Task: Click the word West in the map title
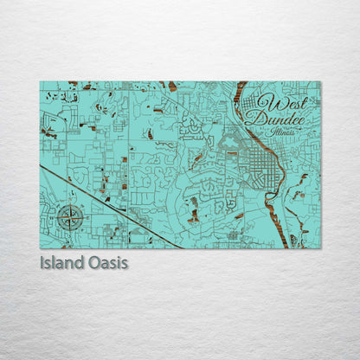point(277,102)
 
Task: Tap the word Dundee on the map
point(274,119)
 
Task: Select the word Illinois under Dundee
point(282,132)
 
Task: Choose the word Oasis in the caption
point(106,261)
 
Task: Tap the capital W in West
point(265,102)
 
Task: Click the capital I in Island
point(42,261)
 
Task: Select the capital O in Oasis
point(91,261)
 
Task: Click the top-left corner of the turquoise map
point(40,82)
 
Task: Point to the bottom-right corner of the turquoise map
point(319,248)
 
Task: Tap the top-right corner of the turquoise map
point(319,82)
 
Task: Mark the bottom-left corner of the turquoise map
point(40,248)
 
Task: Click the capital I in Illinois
point(271,132)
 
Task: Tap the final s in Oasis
point(125,262)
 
